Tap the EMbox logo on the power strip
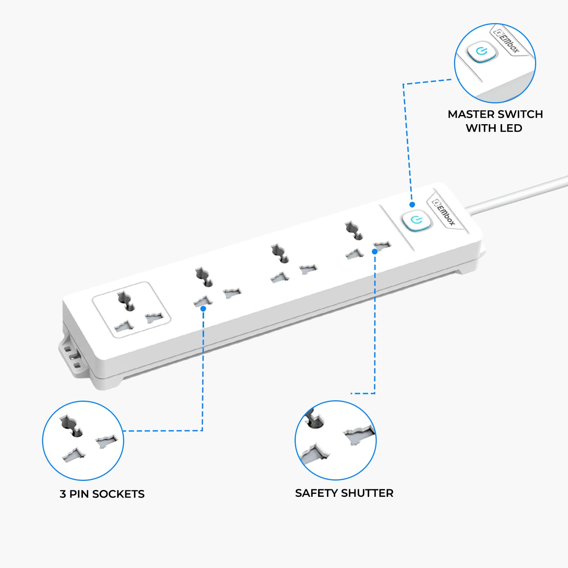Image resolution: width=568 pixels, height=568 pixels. pyautogui.click(x=444, y=213)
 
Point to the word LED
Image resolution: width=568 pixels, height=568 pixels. pyautogui.click(x=511, y=128)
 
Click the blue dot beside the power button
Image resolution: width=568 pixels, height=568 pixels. pyautogui.click(x=412, y=204)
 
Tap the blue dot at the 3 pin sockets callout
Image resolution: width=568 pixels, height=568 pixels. pyautogui.click(x=203, y=309)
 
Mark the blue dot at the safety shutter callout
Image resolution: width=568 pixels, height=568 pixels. pyautogui.click(x=375, y=251)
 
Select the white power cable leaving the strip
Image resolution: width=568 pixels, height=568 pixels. pyautogui.click(x=519, y=193)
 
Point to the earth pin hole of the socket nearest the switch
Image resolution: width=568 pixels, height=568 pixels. pyautogui.click(x=353, y=231)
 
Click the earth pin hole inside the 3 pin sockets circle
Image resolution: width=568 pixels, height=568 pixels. pyautogui.click(x=70, y=426)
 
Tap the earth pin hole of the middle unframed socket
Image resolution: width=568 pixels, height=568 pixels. pyautogui.click(x=279, y=254)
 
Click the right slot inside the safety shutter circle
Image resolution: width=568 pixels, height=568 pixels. pyautogui.click(x=359, y=435)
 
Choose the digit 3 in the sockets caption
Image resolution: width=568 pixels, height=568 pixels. pyautogui.click(x=63, y=494)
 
